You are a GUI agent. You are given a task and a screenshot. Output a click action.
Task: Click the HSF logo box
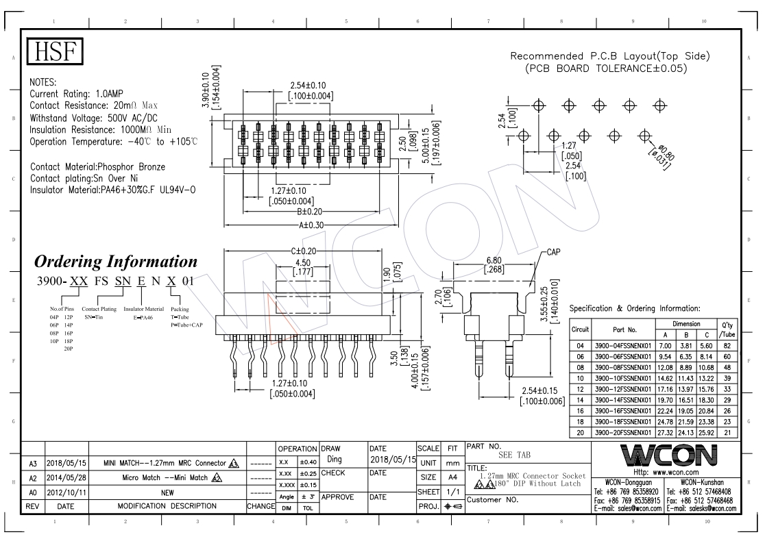point(55,51)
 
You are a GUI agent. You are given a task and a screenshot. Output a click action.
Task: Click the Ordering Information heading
point(116,262)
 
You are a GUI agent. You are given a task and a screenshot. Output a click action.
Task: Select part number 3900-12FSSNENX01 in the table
point(622,390)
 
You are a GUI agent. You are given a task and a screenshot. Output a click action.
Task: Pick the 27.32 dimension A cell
point(665,432)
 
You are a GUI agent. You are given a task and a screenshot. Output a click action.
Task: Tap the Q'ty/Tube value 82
point(727,346)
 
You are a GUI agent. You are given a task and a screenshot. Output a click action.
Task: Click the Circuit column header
point(580,329)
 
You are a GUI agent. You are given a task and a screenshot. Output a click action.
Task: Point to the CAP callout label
point(553,252)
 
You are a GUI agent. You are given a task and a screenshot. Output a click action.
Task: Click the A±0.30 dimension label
point(311,225)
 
